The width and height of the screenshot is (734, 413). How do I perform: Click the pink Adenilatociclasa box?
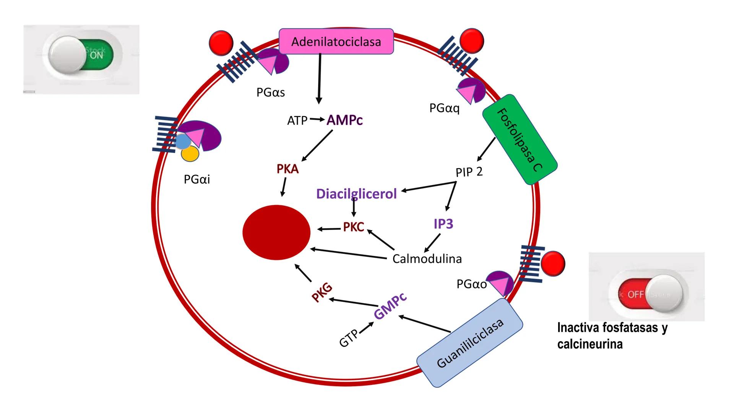point(336,41)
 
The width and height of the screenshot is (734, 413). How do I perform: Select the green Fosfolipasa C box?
point(520,140)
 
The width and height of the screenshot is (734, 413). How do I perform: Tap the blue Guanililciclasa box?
point(470,342)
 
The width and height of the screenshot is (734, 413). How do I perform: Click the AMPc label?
point(344,120)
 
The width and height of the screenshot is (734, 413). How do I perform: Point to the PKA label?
point(287,169)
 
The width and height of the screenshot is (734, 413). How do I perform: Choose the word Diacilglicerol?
point(356,193)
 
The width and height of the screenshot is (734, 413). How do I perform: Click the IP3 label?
point(443,224)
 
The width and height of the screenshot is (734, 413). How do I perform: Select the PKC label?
point(353,227)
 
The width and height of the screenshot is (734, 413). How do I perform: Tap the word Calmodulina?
point(427,259)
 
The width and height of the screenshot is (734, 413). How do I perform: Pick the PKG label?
point(322,293)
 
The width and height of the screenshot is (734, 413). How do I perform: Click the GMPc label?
point(390,306)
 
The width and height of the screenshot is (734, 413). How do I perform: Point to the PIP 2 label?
point(469,172)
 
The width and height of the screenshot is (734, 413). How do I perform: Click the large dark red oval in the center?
point(276,232)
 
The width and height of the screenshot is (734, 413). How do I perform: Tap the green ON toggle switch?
point(82,55)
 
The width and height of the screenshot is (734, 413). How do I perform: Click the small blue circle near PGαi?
point(183,142)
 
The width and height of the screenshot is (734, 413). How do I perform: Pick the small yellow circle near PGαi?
point(190,154)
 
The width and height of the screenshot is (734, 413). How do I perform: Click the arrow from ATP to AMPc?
point(317,119)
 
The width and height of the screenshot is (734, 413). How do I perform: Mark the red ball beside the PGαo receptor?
point(553,263)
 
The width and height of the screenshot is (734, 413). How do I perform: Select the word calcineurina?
point(590,344)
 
